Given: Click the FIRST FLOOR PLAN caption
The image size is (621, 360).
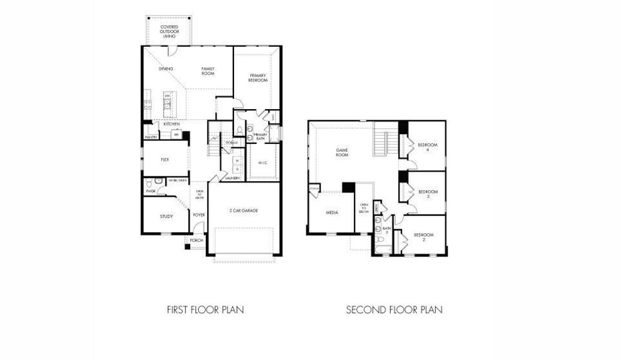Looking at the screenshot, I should [x=205, y=310].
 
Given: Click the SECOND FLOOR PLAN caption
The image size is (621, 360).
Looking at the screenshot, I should [x=394, y=310].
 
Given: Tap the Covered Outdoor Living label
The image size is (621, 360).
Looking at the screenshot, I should [x=169, y=31].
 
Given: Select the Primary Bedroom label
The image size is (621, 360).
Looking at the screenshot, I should [x=258, y=77].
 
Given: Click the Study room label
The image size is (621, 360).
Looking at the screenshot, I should [x=166, y=217].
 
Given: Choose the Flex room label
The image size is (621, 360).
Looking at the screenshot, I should [x=166, y=160].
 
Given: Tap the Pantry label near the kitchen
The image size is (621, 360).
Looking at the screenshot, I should [x=151, y=137].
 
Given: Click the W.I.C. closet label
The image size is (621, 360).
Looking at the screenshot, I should [x=262, y=163].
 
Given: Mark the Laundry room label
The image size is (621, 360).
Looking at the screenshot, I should [x=233, y=178].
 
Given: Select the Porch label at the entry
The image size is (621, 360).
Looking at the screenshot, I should [x=197, y=241].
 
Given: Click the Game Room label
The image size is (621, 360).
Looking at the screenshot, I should [x=342, y=153].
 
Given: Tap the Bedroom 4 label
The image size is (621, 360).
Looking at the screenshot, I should [x=428, y=147].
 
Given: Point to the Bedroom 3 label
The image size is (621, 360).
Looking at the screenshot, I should [x=428, y=194].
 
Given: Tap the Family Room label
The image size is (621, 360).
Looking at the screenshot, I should [x=208, y=71].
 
